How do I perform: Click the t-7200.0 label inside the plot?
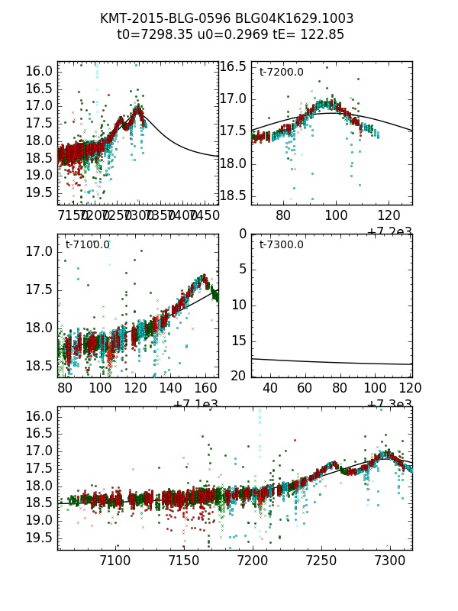[281, 73]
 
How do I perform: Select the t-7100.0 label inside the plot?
[87, 245]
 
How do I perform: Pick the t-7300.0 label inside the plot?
[281, 245]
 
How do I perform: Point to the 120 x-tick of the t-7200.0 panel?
[389, 216]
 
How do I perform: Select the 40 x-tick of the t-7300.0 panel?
[269, 389]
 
